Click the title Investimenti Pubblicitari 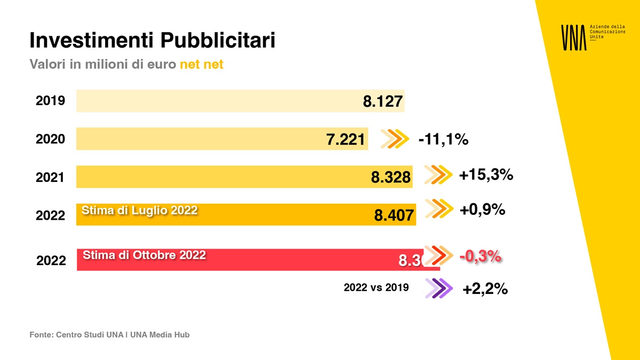(x=152, y=41)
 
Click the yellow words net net (x=201, y=65)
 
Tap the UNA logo (x=573, y=37)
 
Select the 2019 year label (x=50, y=100)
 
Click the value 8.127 (x=382, y=101)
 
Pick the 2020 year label (x=50, y=139)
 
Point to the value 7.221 (x=346, y=140)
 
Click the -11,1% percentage (x=443, y=140)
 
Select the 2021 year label (x=50, y=178)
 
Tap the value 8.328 (x=391, y=178)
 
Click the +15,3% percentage (x=486, y=174)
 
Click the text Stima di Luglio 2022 (x=139, y=210)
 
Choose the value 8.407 (x=394, y=215)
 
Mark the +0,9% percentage (x=482, y=210)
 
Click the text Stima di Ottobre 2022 (x=144, y=255)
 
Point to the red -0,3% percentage (x=480, y=257)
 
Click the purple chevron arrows (x=439, y=289)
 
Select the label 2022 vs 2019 (x=376, y=287)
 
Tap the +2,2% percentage (x=485, y=289)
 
